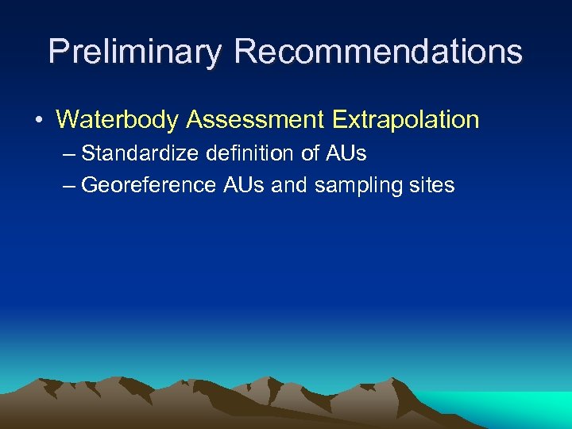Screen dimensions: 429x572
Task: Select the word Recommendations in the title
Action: (378, 52)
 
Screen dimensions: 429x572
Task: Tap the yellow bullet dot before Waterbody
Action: (38, 120)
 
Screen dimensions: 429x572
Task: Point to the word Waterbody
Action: (118, 120)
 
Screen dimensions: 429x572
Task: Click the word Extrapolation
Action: (406, 120)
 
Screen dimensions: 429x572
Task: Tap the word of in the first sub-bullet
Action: (304, 152)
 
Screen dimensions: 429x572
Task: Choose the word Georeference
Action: (149, 185)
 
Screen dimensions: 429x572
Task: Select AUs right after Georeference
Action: (243, 185)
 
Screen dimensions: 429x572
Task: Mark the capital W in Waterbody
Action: (67, 120)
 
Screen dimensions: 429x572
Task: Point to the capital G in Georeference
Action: (89, 185)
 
